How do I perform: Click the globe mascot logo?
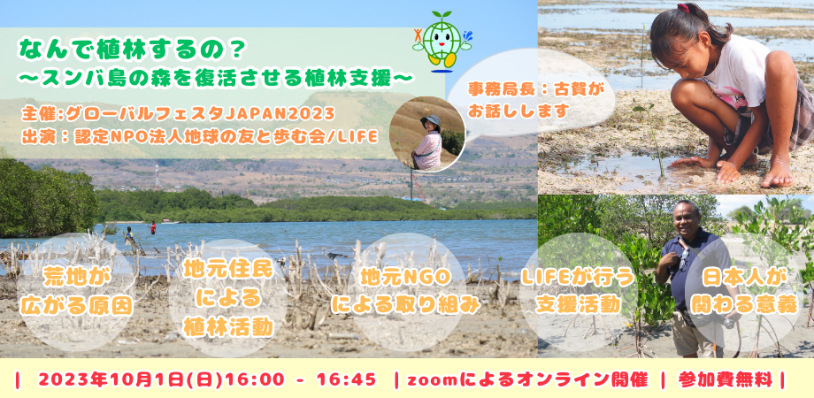[442, 40]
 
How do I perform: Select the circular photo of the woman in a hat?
[427, 135]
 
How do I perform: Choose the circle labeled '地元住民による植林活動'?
[228, 298]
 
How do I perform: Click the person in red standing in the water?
[152, 227]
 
